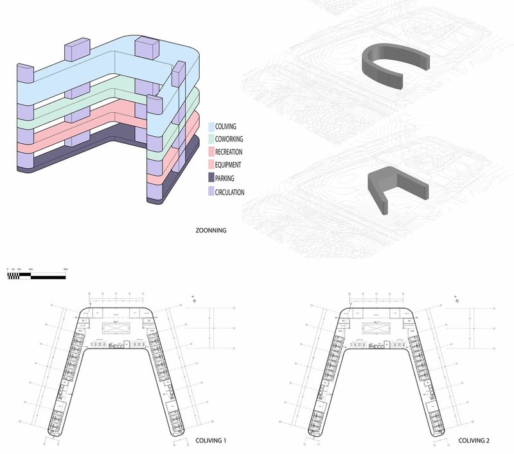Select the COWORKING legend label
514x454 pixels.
click(229, 139)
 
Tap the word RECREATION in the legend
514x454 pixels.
click(229, 152)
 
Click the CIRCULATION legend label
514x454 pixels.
click(230, 191)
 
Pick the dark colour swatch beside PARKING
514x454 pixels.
click(211, 179)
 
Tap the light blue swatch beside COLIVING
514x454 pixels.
click(211, 127)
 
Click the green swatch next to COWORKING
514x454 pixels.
click(211, 139)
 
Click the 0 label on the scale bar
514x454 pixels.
click(8, 269)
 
